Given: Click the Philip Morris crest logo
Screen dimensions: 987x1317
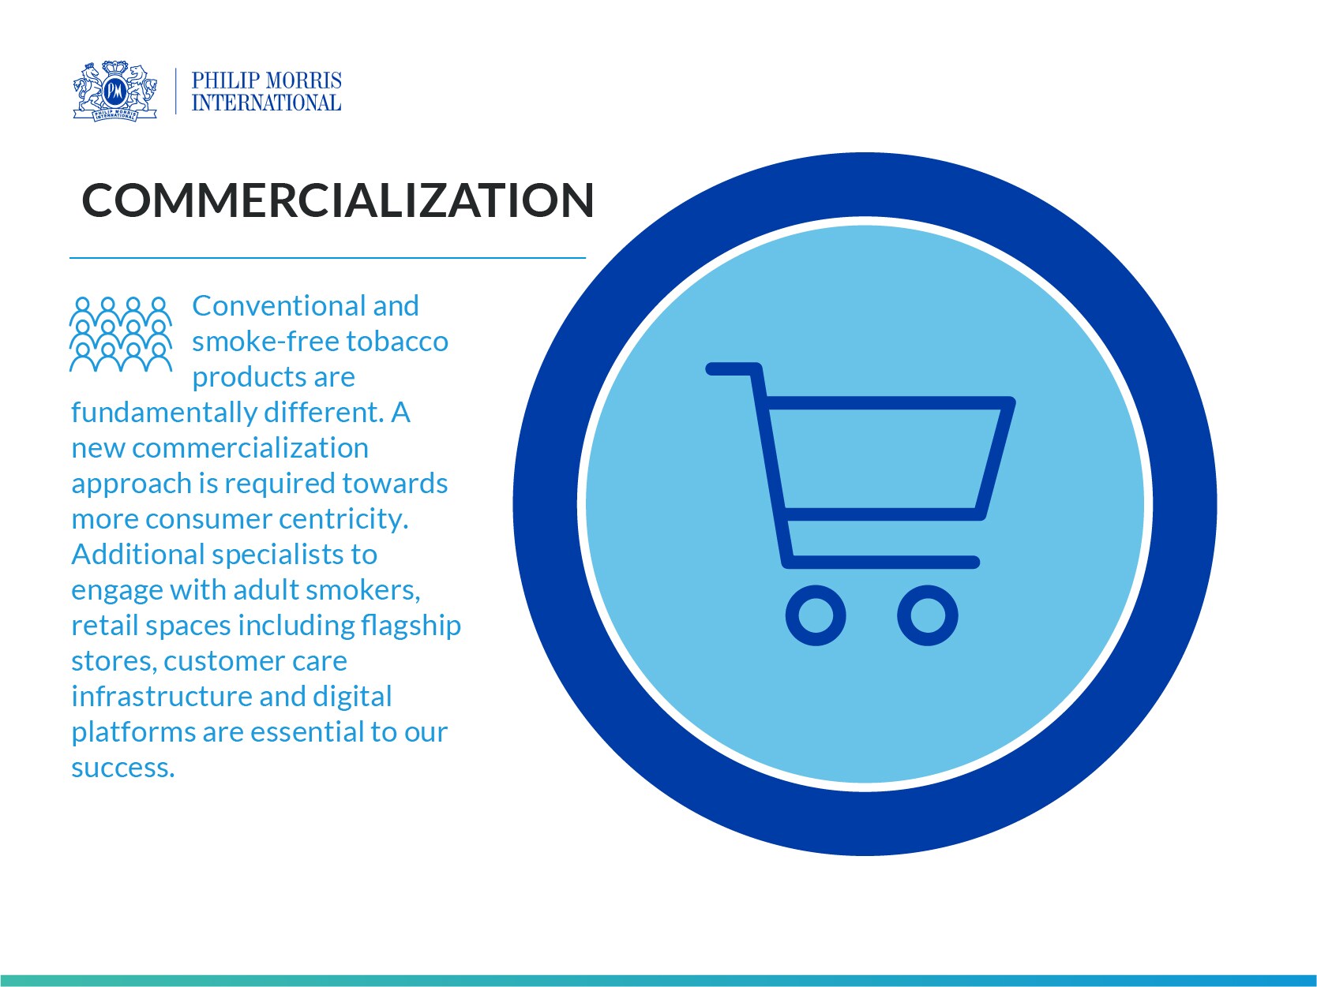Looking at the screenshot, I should [x=115, y=92].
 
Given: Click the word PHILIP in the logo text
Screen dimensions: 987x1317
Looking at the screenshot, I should [x=225, y=80].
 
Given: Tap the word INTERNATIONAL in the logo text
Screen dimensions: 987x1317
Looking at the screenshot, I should [x=266, y=103].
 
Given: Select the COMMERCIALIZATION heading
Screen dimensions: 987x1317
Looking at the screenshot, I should [x=338, y=200].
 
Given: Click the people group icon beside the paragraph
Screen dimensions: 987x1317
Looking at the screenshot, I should [x=121, y=334].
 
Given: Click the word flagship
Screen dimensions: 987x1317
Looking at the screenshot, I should [x=411, y=626].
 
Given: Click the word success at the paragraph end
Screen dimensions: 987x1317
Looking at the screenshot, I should [x=122, y=768].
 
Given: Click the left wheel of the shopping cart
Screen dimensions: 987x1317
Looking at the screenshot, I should [x=816, y=615].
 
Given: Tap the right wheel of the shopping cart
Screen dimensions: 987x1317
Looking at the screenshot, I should [x=928, y=615].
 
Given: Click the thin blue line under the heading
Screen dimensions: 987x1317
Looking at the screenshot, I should [x=328, y=258].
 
